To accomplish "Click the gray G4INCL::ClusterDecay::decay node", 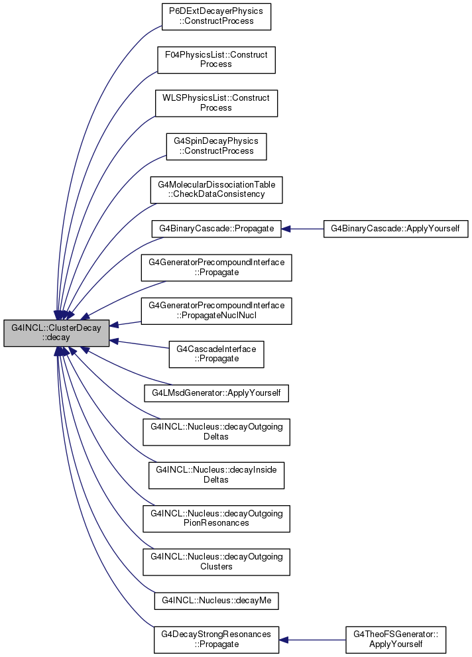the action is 56,333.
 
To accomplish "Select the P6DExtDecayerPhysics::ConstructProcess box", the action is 216,17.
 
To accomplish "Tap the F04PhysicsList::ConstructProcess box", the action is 216,60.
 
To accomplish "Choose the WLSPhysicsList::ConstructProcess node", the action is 216,103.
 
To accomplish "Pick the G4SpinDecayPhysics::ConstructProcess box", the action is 216,147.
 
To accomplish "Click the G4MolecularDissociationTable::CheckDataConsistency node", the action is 216,190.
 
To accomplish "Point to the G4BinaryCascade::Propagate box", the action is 216,229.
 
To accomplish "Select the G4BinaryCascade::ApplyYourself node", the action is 395,229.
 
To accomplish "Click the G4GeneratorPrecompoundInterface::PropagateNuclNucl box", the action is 216,311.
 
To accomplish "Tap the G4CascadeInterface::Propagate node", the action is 216,355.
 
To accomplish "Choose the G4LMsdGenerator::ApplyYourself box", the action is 216,393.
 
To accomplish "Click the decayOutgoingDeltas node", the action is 216,432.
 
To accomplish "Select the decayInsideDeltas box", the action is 216,475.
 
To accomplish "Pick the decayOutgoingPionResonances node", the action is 216,518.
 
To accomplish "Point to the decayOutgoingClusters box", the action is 216,562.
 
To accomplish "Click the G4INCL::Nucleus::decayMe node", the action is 216,601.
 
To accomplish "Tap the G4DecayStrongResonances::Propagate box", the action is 216,640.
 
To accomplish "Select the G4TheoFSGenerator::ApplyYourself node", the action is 395,640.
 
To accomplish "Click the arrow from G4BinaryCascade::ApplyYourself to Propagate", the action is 302,229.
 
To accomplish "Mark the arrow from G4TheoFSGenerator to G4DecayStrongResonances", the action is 312,640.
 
